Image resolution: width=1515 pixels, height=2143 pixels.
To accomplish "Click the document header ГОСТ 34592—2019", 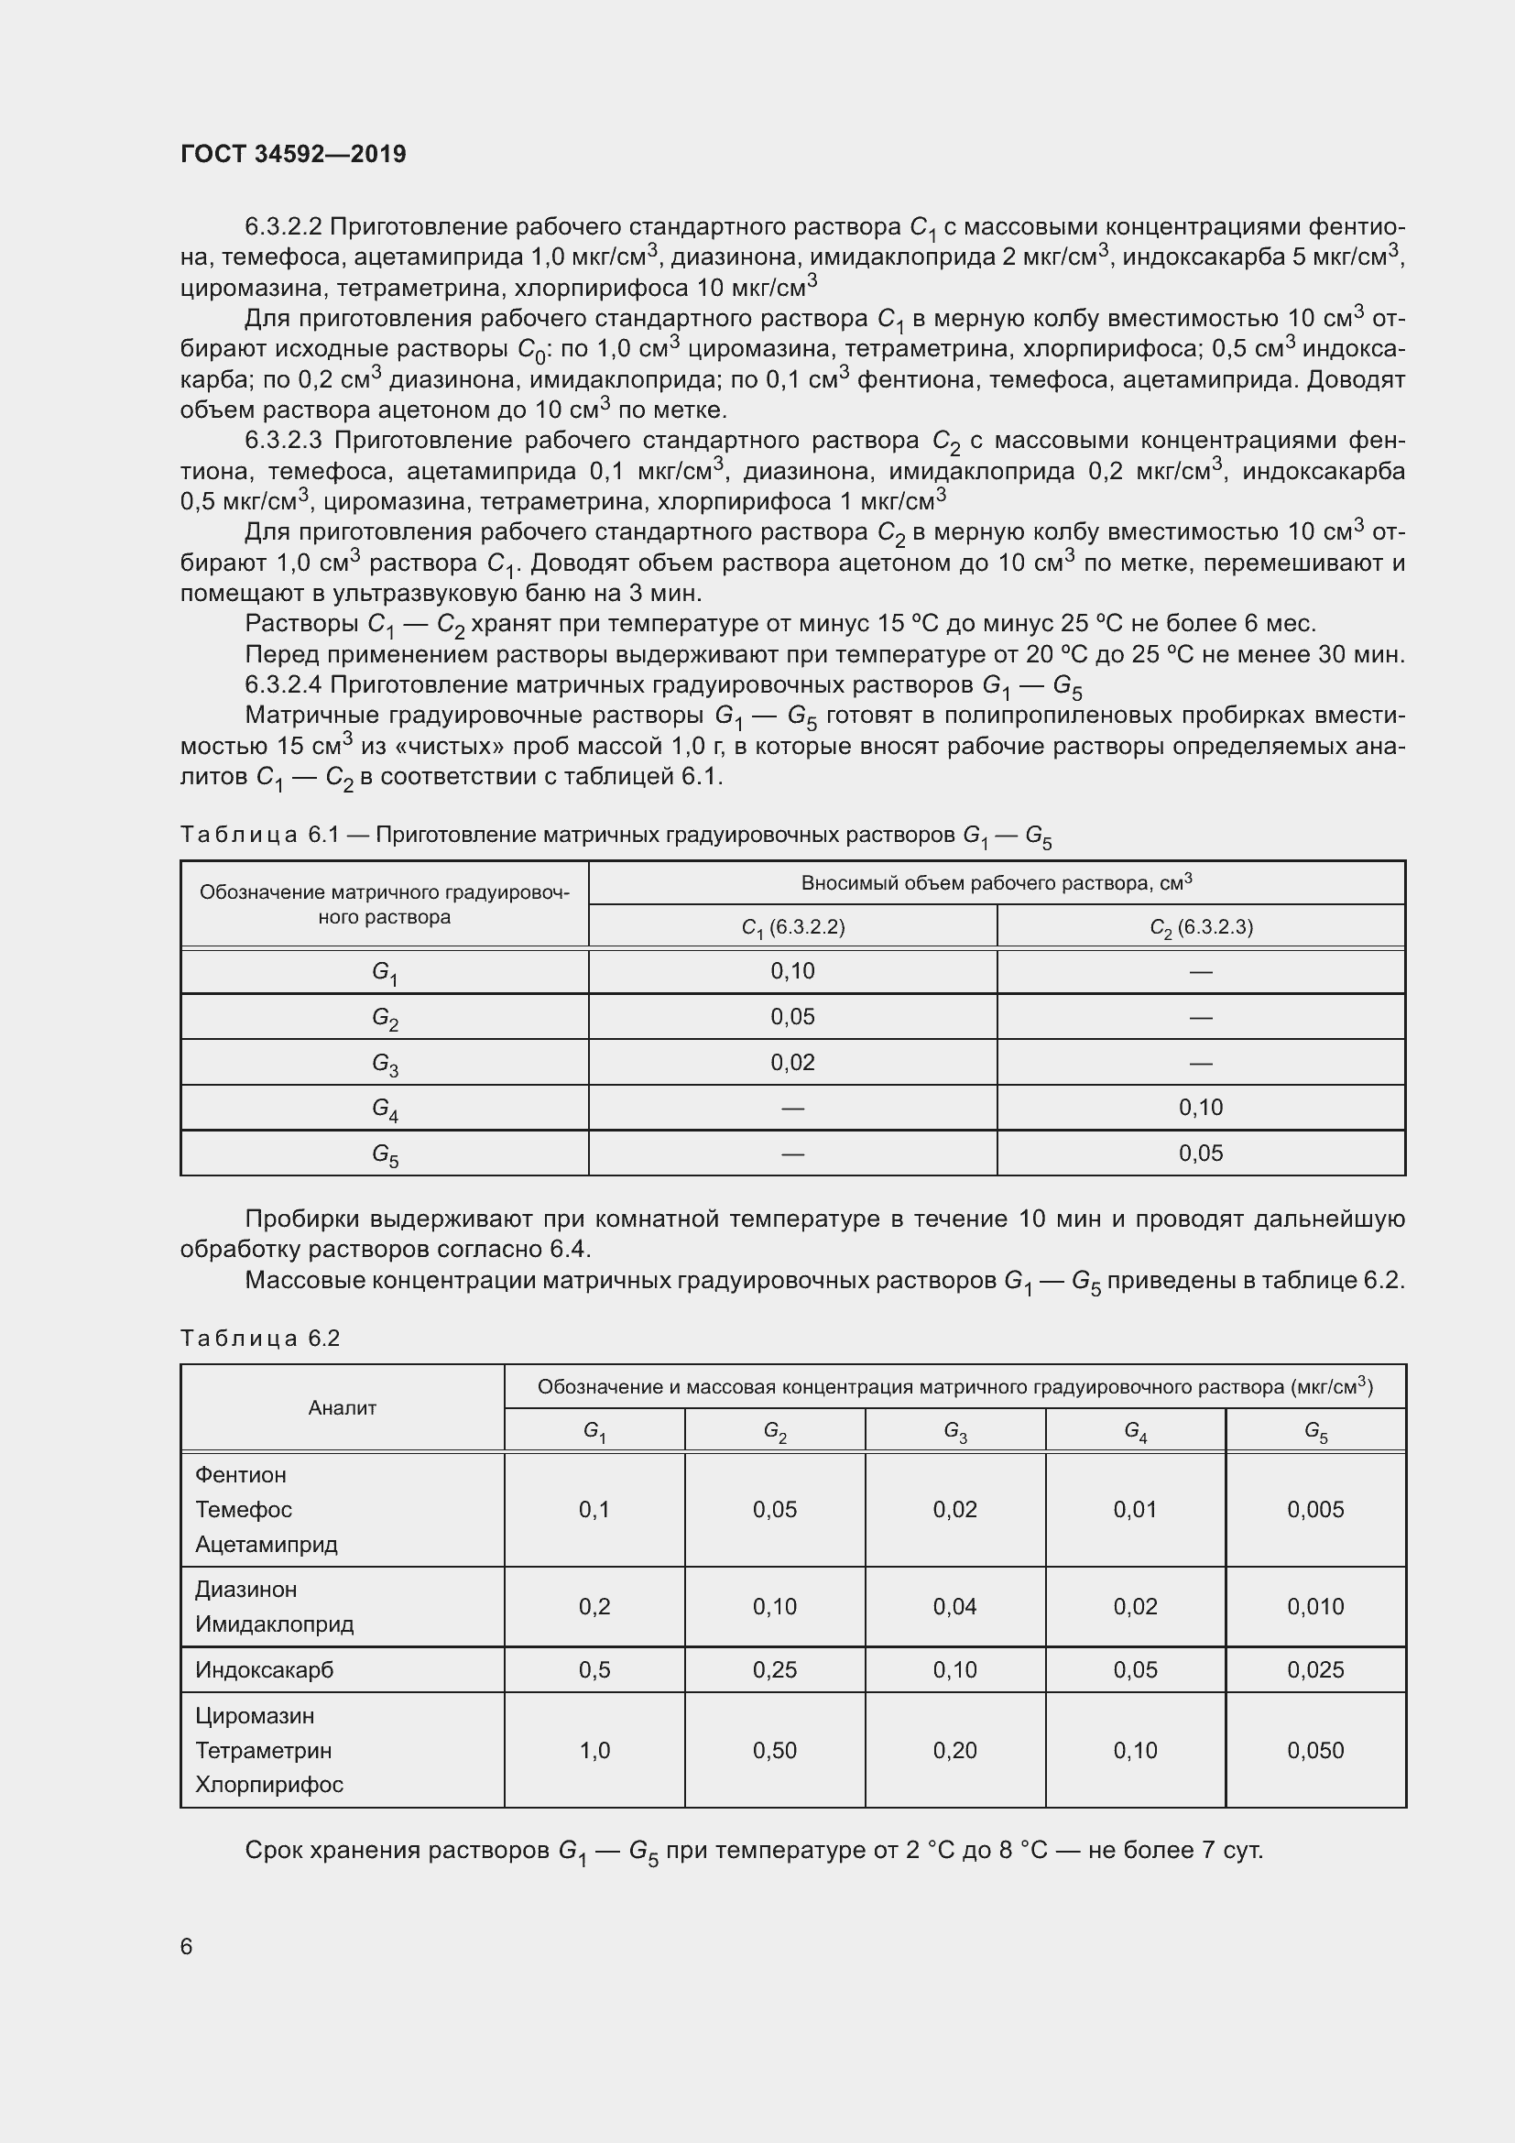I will pos(293,154).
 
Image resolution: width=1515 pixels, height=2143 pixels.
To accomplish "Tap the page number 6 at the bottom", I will pos(187,1946).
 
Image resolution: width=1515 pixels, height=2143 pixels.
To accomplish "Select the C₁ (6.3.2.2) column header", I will pos(792,927).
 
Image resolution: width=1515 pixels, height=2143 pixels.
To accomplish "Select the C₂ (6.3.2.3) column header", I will pos(1201,927).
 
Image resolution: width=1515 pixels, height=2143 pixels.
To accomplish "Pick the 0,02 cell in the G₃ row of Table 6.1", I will pos(792,1062).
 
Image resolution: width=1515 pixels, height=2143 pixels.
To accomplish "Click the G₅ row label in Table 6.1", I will pos(385,1154).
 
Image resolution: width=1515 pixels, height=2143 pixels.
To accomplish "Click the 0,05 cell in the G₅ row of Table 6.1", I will pos(1201,1154).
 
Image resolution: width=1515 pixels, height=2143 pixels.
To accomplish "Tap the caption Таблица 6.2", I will pos(260,1339).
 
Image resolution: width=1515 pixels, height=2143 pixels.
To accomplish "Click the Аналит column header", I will pos(343,1408).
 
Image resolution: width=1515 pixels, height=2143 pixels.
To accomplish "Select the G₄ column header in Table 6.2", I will pos(1135,1430).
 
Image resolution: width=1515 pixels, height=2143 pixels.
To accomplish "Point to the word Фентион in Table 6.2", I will pos(241,1475).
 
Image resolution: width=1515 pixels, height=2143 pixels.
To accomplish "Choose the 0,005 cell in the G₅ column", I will pos(1315,1509).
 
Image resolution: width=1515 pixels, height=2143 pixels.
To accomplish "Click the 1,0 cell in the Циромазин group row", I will pos(594,1750).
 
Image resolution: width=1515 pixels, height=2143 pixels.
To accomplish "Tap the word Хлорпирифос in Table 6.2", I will pos(268,1785).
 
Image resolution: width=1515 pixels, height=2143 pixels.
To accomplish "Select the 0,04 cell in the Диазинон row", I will pos(954,1606).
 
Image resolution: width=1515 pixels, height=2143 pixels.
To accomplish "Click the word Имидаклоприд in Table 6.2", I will pos(274,1624).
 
